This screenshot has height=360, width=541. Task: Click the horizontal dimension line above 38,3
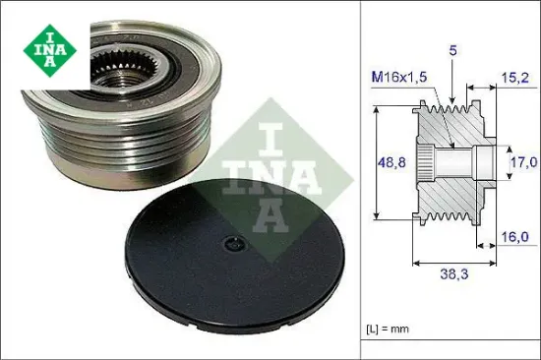click(451, 263)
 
